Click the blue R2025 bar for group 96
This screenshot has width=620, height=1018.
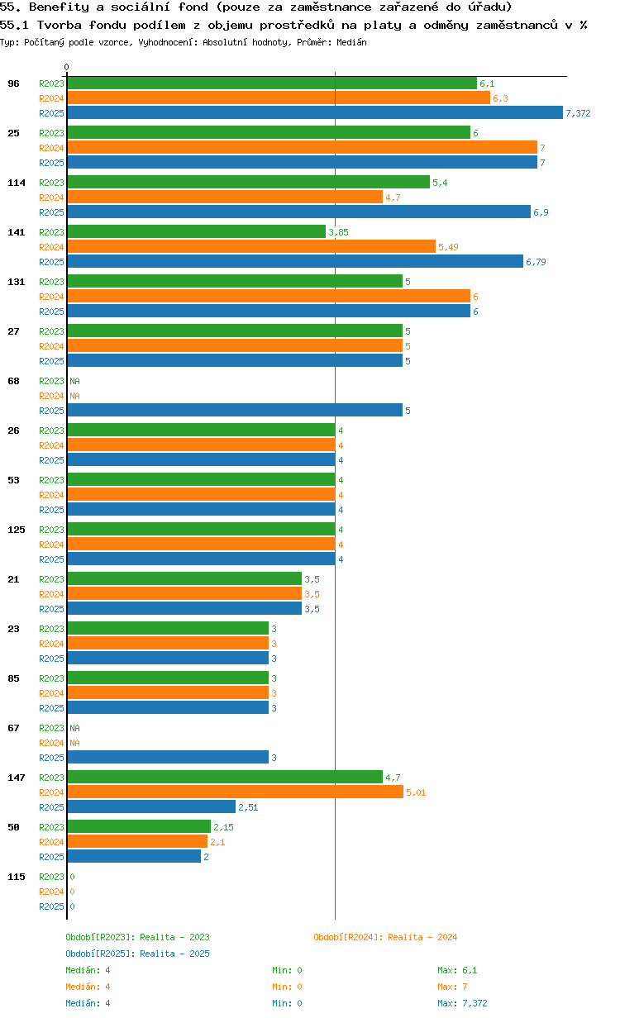coord(314,113)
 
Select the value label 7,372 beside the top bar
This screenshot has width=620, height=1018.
coord(578,113)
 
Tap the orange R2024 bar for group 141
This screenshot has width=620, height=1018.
coord(250,247)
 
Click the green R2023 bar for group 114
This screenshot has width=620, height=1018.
coord(248,183)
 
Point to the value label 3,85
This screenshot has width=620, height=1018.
coord(338,232)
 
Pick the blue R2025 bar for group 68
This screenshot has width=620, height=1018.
coord(234,411)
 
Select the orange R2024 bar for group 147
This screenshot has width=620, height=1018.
coord(235,792)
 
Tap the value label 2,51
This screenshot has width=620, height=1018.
coord(248,807)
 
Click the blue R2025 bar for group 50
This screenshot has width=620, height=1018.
coord(134,857)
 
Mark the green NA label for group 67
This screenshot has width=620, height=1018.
coord(74,728)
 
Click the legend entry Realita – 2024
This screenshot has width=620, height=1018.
coord(385,937)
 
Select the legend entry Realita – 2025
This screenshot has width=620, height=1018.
coord(137,954)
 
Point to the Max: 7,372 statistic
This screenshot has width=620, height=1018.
coord(462,1003)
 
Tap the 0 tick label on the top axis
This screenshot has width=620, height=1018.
coord(67,67)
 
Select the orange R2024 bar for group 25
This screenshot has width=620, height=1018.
coord(302,148)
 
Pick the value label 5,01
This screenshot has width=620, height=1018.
coord(416,792)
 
